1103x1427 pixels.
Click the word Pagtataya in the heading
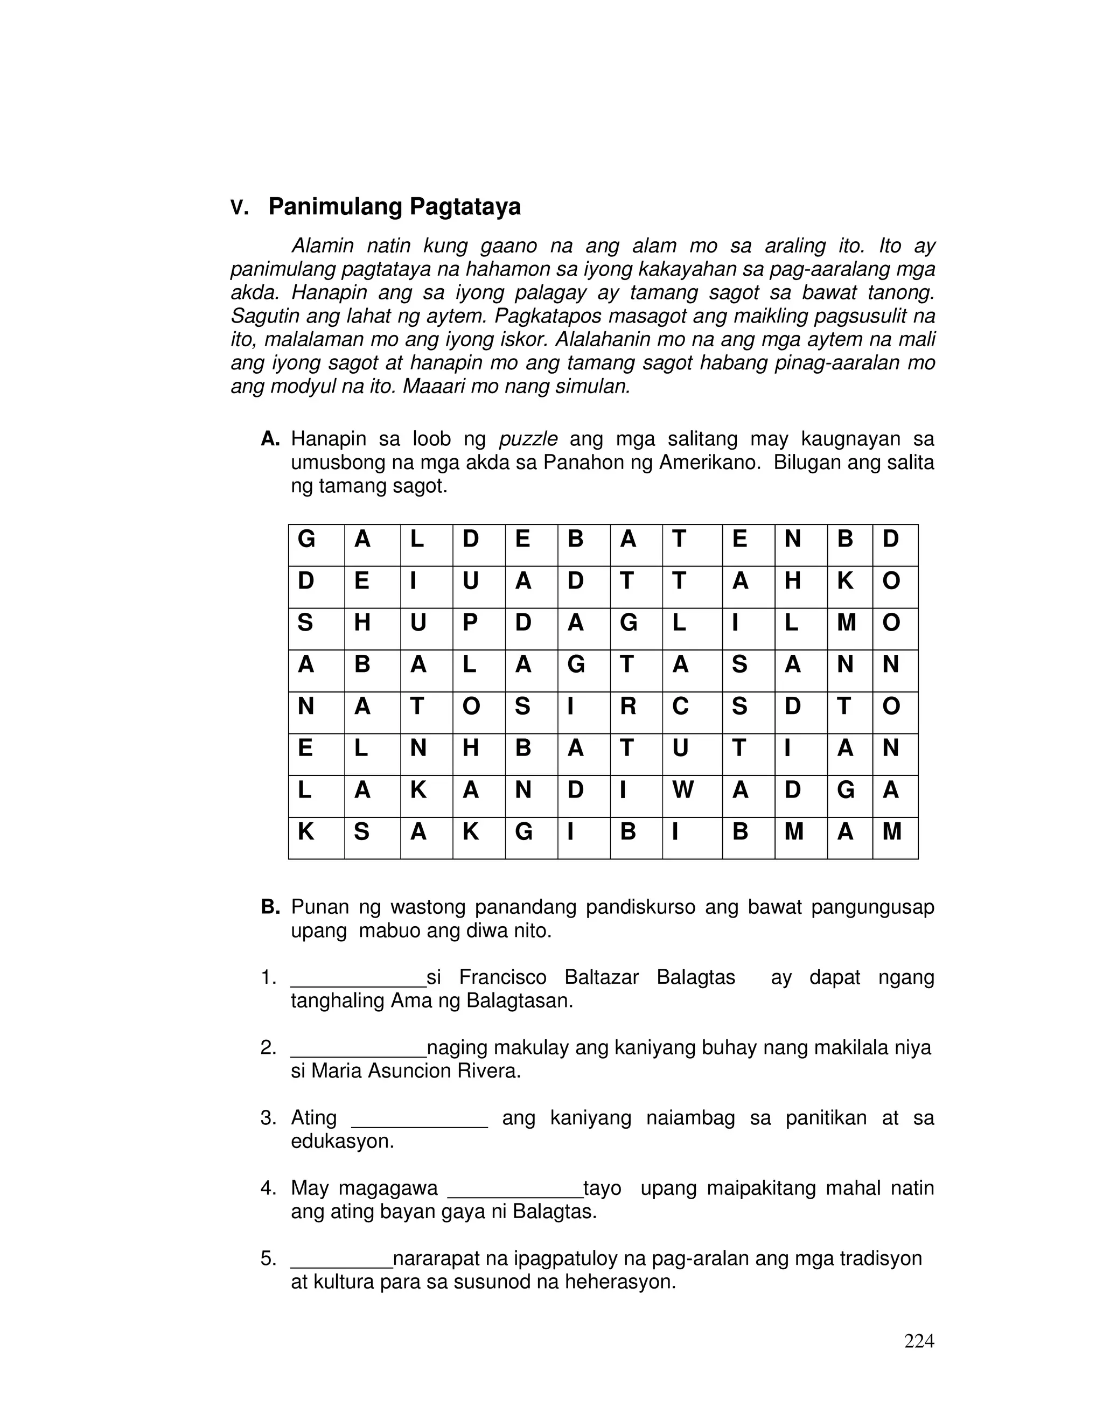[x=465, y=206]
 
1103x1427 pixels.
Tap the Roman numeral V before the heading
[x=239, y=208]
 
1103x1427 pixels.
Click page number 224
[x=919, y=1341]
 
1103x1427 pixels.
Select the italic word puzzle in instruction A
[x=528, y=438]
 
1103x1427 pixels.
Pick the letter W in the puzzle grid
[x=682, y=790]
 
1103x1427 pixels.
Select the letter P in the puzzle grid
[x=470, y=622]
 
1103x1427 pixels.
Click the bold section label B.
[x=269, y=907]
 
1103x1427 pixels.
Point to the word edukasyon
[x=342, y=1142]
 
